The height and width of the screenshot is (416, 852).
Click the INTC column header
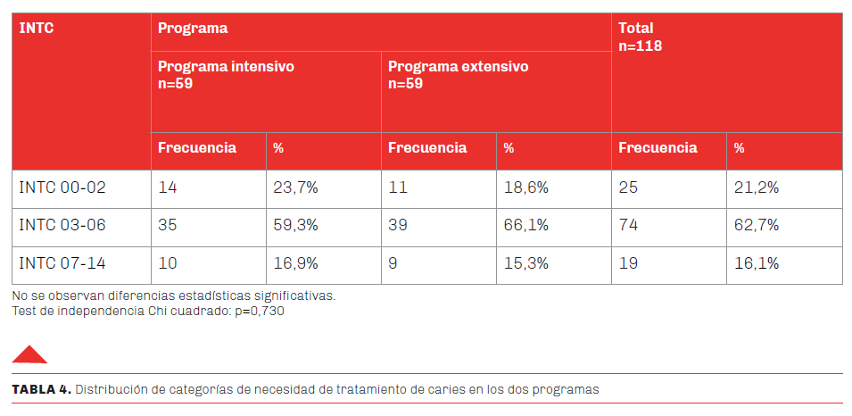tap(37, 29)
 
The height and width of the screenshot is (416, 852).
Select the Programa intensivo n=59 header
tap(226, 75)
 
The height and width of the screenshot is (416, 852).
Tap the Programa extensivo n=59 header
tap(458, 75)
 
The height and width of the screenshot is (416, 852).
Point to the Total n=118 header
tap(640, 37)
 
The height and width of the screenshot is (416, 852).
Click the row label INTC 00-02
tap(62, 187)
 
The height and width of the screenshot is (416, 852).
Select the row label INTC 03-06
tap(62, 226)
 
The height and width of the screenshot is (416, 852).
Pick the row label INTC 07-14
tap(62, 264)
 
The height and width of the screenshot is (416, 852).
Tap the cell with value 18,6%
tap(525, 187)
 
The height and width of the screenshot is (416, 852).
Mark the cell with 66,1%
tap(525, 226)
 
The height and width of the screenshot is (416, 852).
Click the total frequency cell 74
tap(629, 226)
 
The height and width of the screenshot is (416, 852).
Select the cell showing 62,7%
tap(757, 226)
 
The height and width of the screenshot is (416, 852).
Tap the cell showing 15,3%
tap(525, 264)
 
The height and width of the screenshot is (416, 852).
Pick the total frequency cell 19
tap(628, 264)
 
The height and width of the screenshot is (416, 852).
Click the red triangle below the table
tap(29, 354)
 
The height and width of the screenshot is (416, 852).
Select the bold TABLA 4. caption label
tap(40, 389)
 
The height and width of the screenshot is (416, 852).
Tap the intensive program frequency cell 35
tap(168, 226)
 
